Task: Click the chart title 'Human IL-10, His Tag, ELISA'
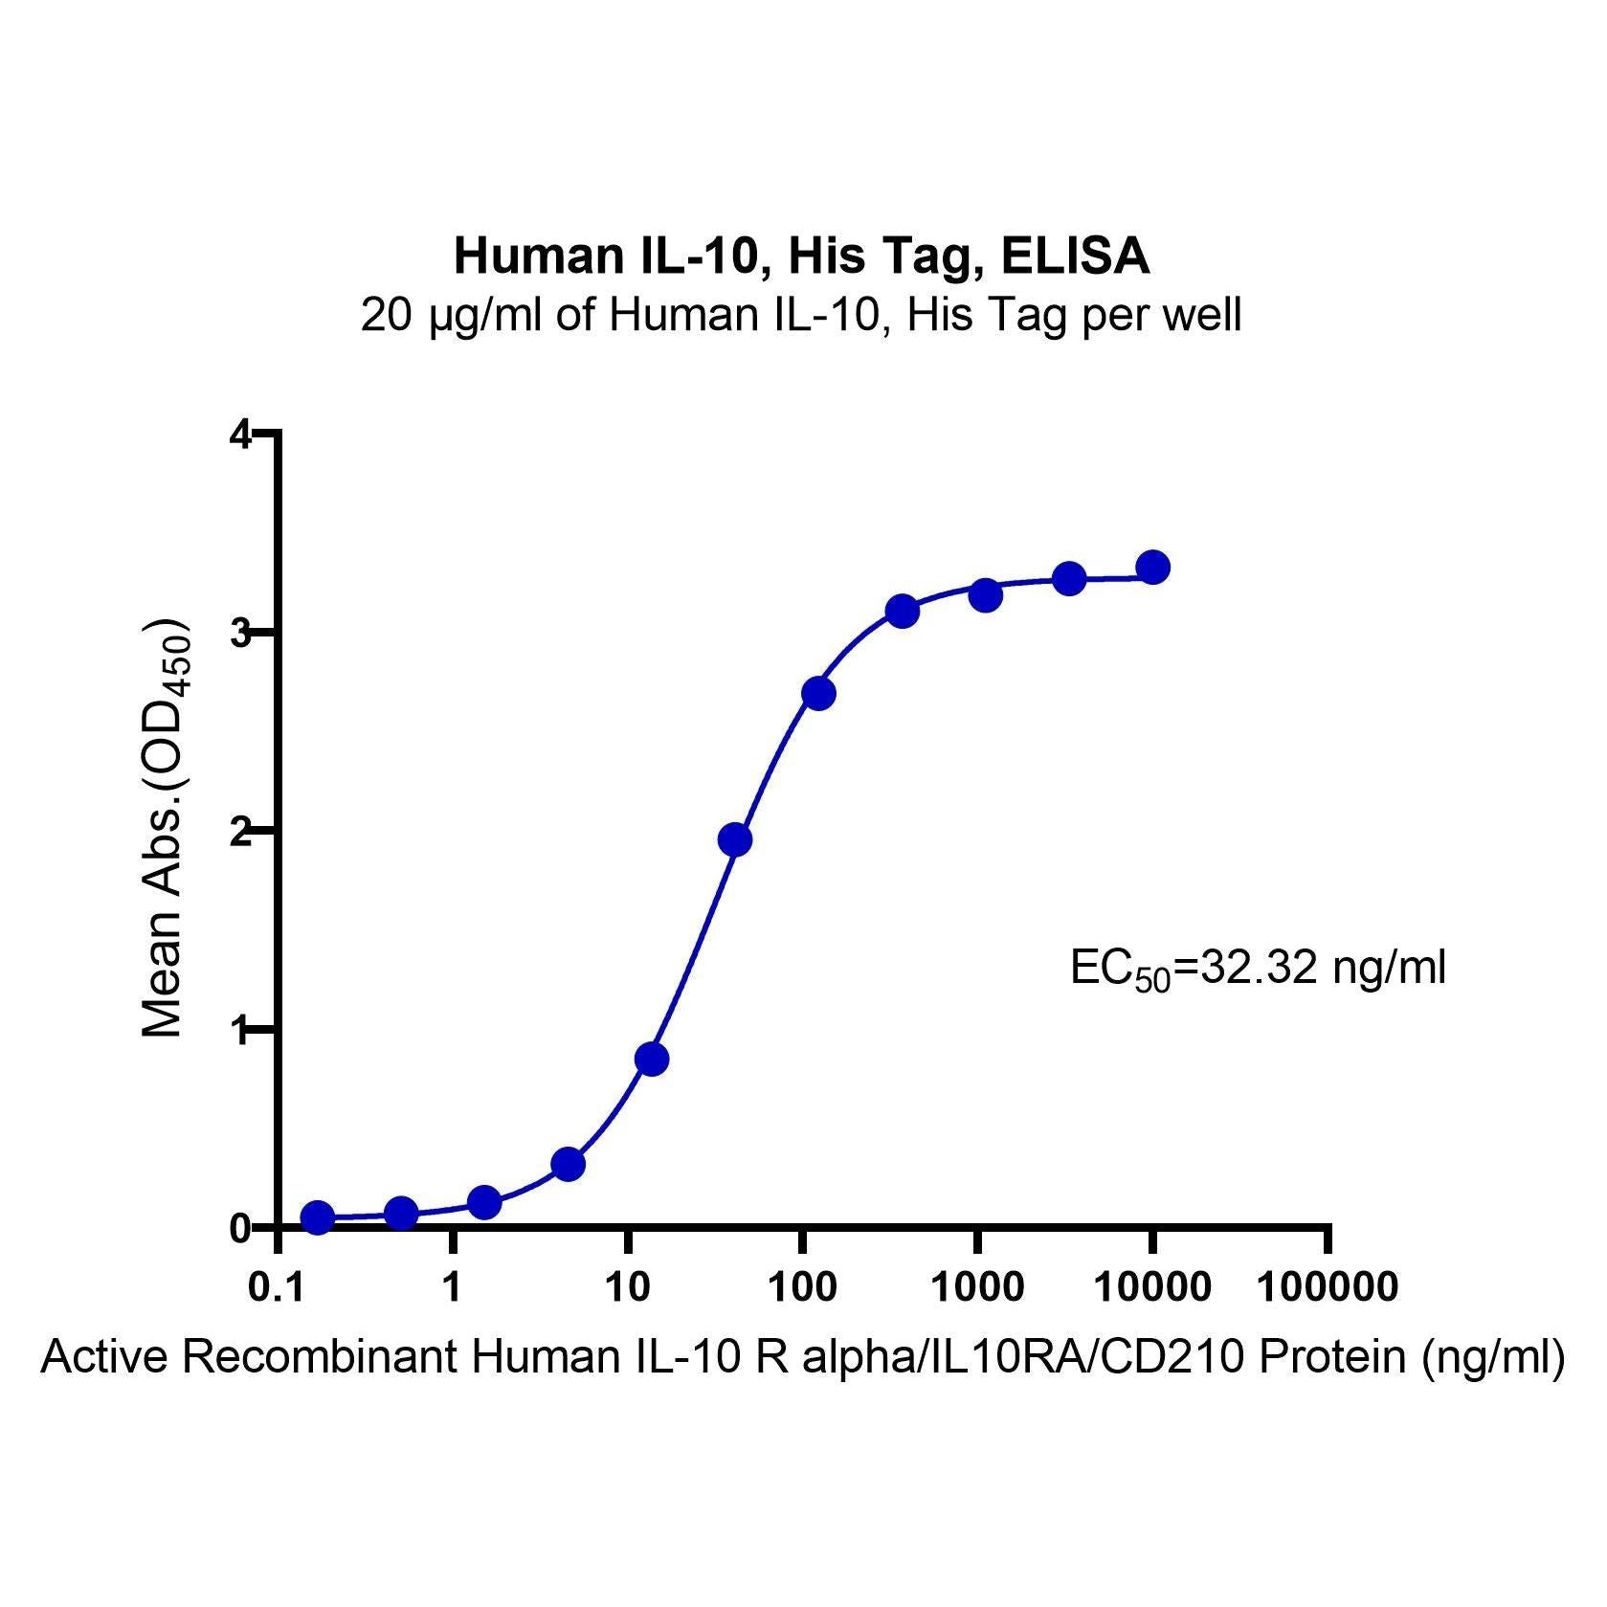pos(802,256)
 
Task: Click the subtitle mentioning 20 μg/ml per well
pos(801,315)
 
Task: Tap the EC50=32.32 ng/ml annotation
pos(1258,970)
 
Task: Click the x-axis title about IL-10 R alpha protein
pos(803,1357)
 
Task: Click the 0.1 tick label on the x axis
pos(279,1288)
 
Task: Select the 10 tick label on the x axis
pos(628,1288)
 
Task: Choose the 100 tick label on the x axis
pos(802,1288)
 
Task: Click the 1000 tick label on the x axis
pos(977,1288)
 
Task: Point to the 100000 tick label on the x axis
pos(1327,1288)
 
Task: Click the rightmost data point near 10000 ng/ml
pos(1153,568)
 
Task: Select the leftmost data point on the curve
pos(318,1216)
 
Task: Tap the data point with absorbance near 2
pos(734,839)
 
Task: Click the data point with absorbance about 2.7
pos(818,693)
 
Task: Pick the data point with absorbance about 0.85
pos(651,1059)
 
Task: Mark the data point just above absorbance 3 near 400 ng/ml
pos(902,611)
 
